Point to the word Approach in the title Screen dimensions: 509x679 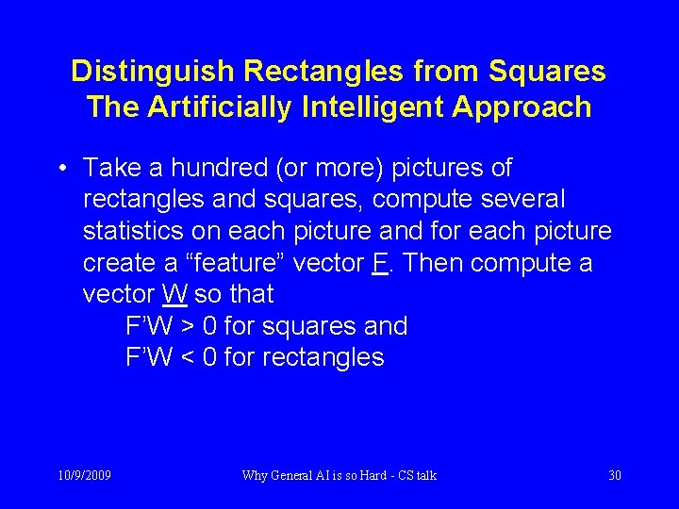pos(522,107)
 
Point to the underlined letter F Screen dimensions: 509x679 pos(380,263)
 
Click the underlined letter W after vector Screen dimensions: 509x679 pos(174,294)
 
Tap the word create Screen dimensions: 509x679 pos(121,263)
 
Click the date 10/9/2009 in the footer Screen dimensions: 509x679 pos(85,475)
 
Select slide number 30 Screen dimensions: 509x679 pos(615,475)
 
